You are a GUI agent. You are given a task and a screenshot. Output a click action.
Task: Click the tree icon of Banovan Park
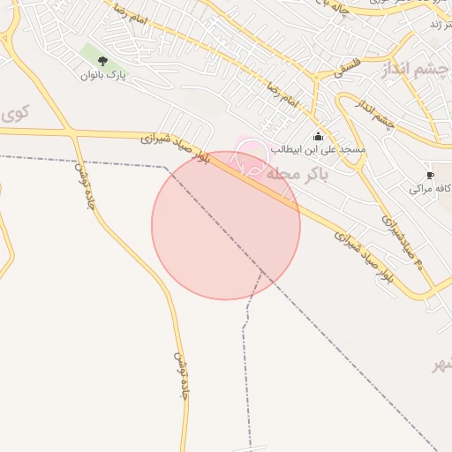coord(102,61)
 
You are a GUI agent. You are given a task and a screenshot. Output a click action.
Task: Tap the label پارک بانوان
coord(104,76)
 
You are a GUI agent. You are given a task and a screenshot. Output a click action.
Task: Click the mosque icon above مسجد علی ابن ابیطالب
coord(318,136)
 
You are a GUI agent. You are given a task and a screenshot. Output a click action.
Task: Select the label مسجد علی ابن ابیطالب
coord(318,149)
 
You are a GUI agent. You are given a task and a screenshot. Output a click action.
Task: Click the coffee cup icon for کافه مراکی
coord(430,175)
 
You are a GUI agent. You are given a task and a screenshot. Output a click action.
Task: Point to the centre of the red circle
coord(226,225)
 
